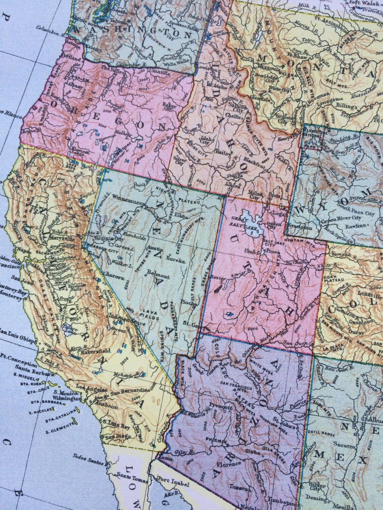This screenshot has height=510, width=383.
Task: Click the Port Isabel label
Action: point(173,485)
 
